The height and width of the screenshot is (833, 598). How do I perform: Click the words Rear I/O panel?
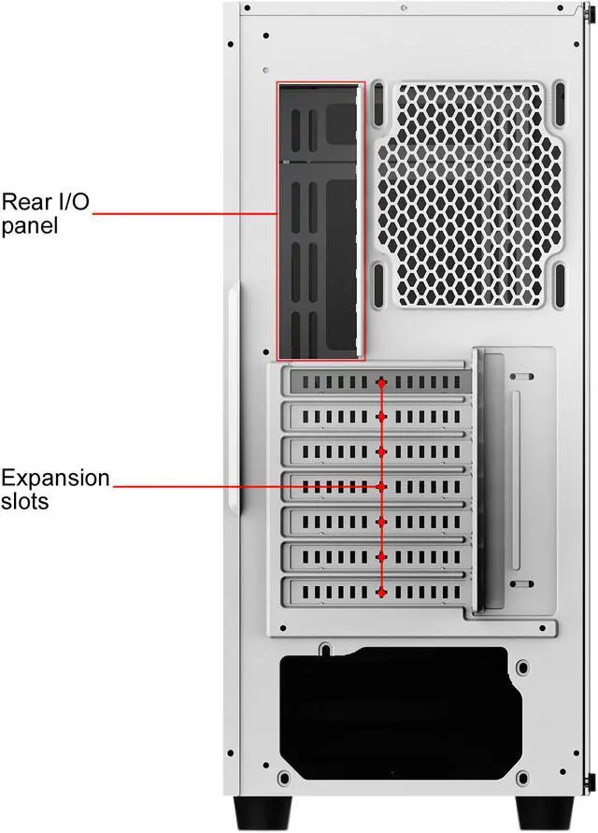point(45,213)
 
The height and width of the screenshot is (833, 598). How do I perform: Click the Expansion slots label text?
point(54,489)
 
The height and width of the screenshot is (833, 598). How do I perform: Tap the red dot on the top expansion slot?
point(381,382)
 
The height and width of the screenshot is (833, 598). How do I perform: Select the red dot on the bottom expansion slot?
point(381,591)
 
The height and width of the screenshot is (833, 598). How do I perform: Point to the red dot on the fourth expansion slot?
point(381,487)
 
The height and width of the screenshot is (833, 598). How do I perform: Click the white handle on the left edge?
point(233,402)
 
